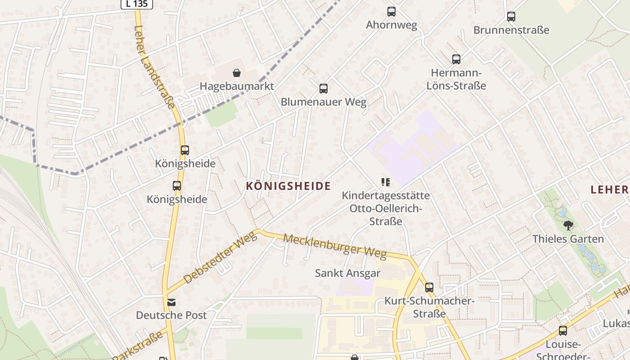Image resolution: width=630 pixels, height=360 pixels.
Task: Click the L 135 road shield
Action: [x=137, y=4]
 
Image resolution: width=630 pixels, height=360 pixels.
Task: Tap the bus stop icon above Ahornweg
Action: [x=391, y=12]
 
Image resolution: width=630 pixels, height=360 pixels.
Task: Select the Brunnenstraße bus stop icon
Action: [x=511, y=17]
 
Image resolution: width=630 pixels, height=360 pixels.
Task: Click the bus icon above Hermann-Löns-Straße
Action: [x=456, y=59]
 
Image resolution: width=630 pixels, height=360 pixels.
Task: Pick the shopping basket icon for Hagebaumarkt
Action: [x=237, y=73]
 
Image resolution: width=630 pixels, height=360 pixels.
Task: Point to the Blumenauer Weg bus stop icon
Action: [x=324, y=88]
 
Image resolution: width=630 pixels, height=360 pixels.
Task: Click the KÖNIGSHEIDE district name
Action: [x=288, y=186]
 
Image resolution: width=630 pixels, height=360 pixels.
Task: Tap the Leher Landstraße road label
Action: [x=154, y=67]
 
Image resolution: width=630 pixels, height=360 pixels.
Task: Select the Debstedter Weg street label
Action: [x=220, y=258]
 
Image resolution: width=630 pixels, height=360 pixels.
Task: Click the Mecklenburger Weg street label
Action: [x=335, y=246]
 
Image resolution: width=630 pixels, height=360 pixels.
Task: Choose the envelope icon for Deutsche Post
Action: [x=171, y=302]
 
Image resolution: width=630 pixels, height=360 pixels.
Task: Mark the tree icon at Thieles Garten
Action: [x=568, y=225]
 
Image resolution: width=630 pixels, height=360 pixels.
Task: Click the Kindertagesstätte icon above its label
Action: [x=386, y=182]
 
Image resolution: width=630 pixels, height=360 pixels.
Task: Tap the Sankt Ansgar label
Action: [x=348, y=273]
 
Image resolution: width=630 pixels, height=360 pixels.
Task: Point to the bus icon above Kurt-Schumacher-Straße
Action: [x=429, y=287]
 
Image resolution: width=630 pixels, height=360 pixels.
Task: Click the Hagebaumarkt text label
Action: [x=237, y=86]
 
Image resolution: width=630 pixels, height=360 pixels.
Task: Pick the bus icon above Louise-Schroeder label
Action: [x=563, y=331]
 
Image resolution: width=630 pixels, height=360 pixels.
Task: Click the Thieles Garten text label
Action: [x=568, y=238]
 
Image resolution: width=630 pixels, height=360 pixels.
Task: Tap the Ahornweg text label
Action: [x=391, y=25]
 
